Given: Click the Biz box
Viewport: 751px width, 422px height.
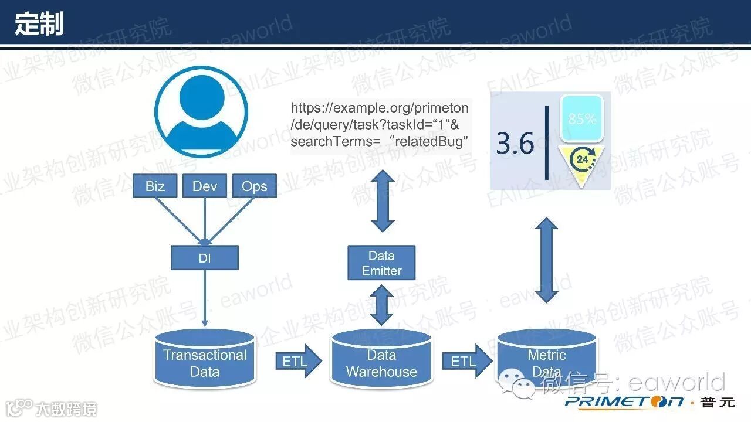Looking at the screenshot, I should [155, 186].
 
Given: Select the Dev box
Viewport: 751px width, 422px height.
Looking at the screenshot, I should [205, 186].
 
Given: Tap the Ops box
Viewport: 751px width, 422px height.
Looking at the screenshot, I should [254, 186].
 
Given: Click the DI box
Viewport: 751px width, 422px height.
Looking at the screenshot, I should [205, 257].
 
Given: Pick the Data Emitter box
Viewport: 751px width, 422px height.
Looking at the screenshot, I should [381, 263].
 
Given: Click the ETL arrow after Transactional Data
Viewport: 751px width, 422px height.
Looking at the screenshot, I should [298, 362].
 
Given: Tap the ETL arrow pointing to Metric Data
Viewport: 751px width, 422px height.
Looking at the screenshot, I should [466, 362].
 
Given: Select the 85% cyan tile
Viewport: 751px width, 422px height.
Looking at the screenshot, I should [581, 118].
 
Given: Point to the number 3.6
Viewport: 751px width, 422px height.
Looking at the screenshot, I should [515, 144].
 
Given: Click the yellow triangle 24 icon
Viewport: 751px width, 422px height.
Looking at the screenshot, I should [581, 164].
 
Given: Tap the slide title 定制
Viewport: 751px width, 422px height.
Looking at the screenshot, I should [39, 24].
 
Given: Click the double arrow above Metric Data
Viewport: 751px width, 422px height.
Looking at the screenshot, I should [546, 260].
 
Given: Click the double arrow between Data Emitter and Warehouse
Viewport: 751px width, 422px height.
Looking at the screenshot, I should [381, 305].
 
